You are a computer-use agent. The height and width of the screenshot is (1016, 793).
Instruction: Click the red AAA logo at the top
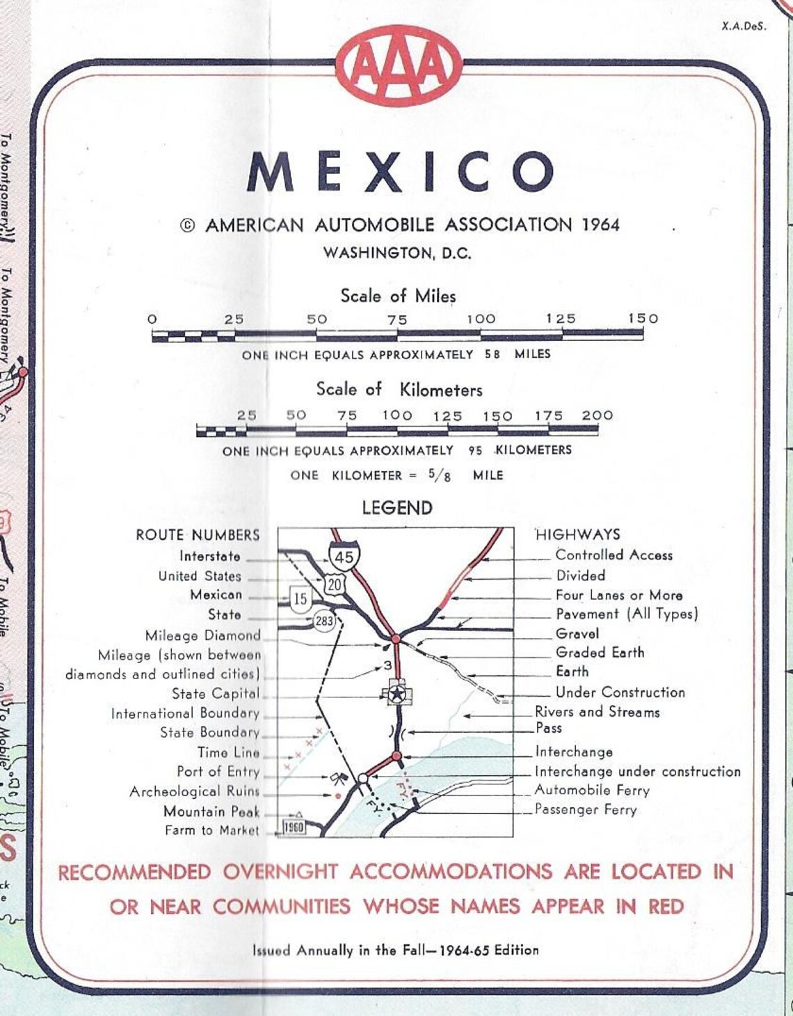point(399,65)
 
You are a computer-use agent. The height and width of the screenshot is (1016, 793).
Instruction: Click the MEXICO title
point(401,171)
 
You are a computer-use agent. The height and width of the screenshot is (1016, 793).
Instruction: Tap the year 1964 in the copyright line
point(600,225)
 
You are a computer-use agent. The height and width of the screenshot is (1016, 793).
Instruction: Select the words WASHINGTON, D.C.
point(397,253)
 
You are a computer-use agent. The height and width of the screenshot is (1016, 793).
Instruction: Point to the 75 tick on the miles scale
point(397,319)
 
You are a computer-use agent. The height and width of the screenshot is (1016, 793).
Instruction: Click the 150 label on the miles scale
point(643,318)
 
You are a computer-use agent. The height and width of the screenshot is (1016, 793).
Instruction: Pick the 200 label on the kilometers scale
point(598,415)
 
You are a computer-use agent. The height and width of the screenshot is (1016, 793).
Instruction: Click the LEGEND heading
point(397,508)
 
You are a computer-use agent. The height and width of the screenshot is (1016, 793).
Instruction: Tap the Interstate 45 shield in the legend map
point(344,557)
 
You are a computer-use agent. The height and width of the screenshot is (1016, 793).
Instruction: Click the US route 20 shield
point(335,585)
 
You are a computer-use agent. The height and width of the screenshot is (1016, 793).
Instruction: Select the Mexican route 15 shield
point(300,598)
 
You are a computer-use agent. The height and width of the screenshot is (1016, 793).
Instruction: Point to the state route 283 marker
point(324,621)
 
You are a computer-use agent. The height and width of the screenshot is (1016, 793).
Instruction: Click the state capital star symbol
point(397,694)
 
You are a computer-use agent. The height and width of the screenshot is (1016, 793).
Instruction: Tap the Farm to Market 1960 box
point(294,827)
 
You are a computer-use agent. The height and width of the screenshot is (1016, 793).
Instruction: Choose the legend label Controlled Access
point(614,555)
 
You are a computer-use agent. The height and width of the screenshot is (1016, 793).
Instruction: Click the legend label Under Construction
point(620,692)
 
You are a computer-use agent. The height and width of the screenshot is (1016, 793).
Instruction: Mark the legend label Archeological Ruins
point(194,792)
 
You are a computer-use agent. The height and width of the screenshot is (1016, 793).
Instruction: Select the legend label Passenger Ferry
point(585,810)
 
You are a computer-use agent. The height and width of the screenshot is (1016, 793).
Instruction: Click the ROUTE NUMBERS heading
point(198,535)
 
